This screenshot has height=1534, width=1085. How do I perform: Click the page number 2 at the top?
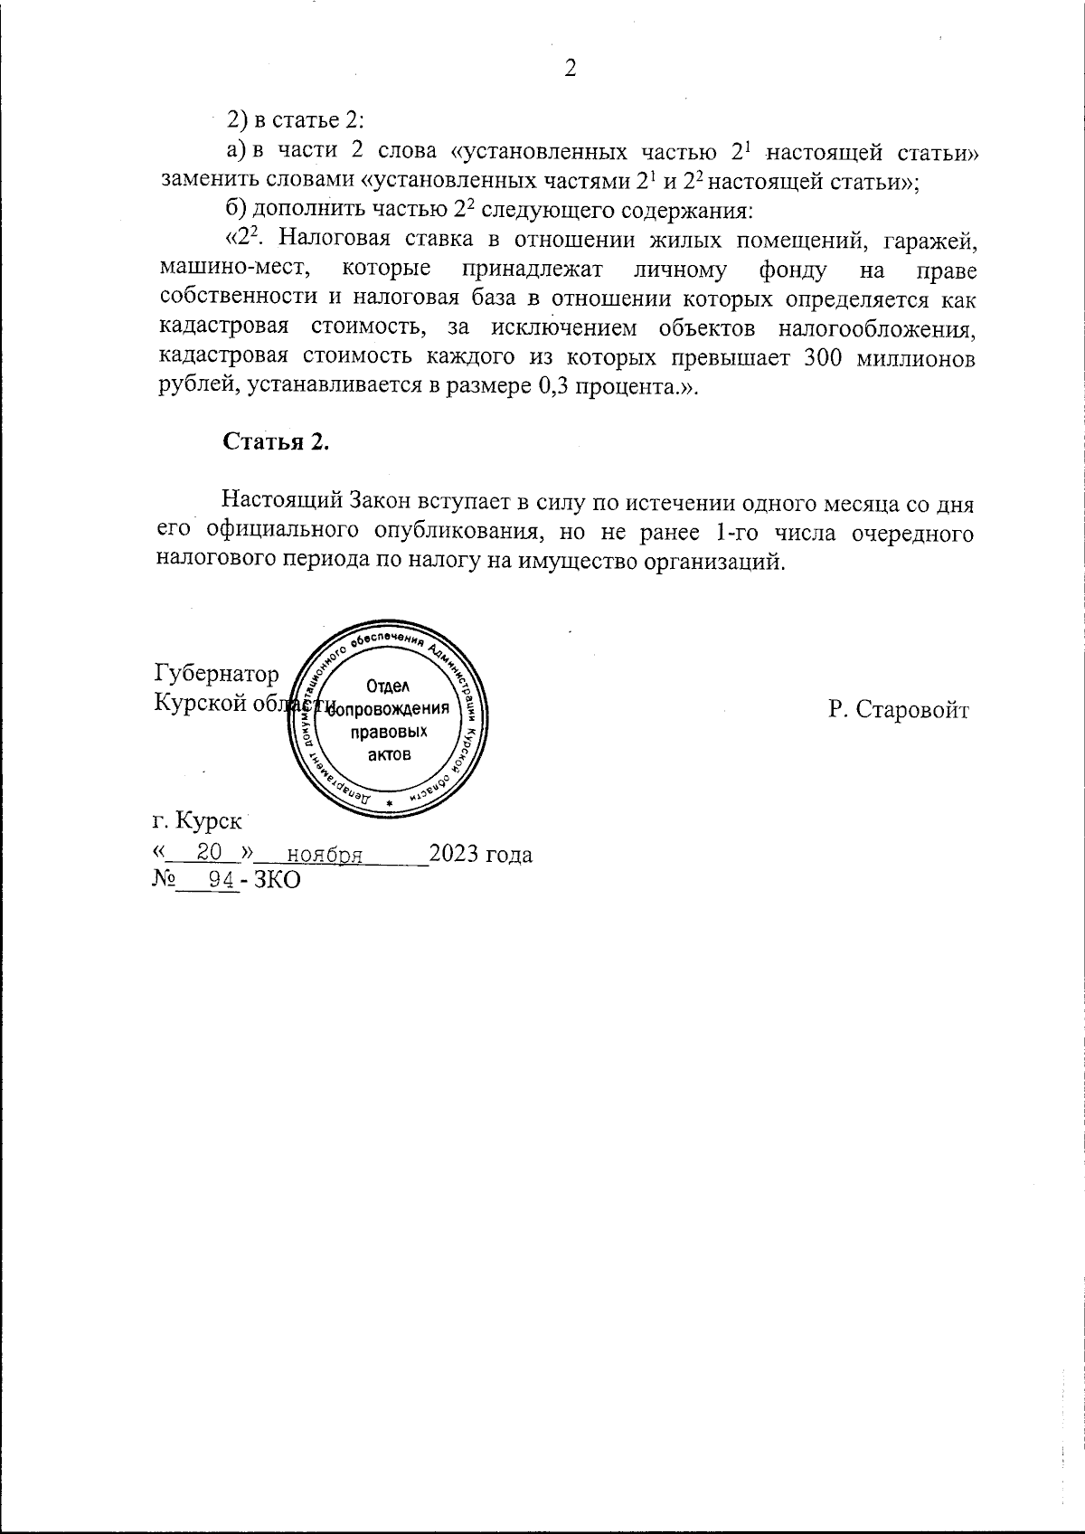point(570,69)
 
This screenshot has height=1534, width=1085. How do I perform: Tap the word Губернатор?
point(217,675)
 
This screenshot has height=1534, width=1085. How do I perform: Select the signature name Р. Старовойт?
point(898,709)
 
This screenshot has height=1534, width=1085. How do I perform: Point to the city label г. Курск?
point(197,821)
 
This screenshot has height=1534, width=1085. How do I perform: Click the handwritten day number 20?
point(210,852)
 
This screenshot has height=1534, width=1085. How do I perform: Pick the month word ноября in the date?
point(325,854)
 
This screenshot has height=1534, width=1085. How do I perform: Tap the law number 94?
point(221,880)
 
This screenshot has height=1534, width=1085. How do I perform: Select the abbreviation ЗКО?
point(277,880)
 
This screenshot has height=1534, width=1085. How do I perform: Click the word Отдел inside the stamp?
point(389,687)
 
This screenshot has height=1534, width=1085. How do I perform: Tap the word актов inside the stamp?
point(389,754)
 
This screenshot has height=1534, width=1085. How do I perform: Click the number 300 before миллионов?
point(824,357)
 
